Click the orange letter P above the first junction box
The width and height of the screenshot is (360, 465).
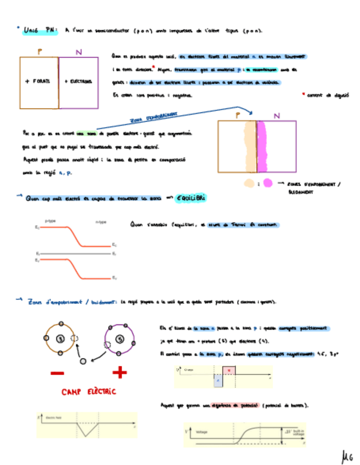click(40, 52)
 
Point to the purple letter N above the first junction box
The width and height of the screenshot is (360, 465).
click(78, 52)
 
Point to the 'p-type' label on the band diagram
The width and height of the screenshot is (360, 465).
click(50, 222)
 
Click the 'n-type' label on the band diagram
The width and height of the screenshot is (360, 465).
click(101, 222)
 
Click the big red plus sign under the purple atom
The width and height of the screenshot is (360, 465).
click(120, 373)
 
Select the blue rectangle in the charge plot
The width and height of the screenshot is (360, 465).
click(218, 381)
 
